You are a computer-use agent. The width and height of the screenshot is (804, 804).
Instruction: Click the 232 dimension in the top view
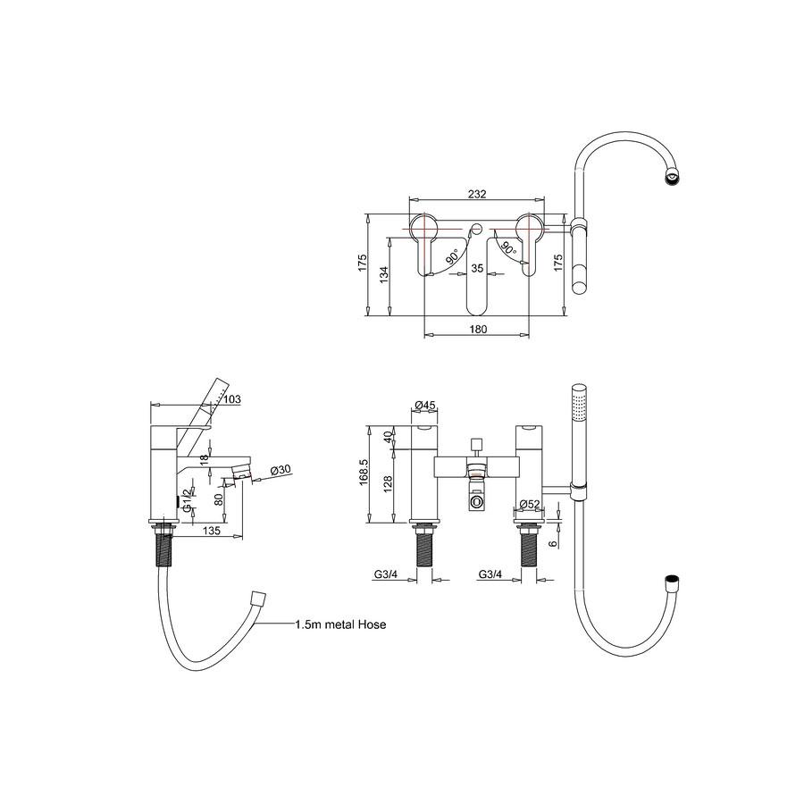pyautogui.click(x=477, y=194)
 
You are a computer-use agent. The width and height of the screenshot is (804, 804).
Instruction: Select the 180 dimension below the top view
pyautogui.click(x=478, y=329)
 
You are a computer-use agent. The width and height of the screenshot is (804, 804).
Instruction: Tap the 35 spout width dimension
pyautogui.click(x=477, y=268)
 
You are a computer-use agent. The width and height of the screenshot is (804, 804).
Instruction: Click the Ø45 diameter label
pyautogui.click(x=424, y=405)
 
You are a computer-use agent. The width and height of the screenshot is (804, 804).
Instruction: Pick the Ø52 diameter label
pyautogui.click(x=530, y=504)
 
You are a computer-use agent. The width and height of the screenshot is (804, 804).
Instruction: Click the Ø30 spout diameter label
pyautogui.click(x=281, y=469)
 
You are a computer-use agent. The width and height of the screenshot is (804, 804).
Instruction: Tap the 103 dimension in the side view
pyautogui.click(x=232, y=399)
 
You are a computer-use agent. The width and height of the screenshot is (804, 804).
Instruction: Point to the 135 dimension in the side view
pyautogui.click(x=212, y=530)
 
